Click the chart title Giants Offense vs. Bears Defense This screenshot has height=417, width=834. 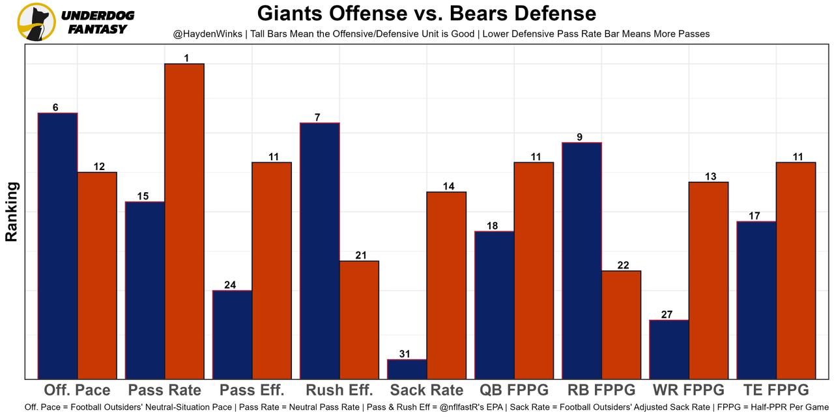coord(426,13)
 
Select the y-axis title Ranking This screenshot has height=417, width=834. coord(12,212)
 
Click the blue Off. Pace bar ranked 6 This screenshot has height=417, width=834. coord(58,246)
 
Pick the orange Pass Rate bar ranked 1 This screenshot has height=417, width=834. coord(184,221)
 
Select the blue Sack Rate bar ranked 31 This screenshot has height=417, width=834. coord(407,369)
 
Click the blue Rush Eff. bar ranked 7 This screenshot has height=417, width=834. coord(320,251)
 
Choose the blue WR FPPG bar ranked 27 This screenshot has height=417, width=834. coord(669,349)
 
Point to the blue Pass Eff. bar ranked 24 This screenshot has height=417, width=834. coord(233,334)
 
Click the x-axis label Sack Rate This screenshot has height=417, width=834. coord(427,390)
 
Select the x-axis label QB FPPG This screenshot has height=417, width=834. coord(514,390)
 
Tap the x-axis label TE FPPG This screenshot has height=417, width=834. coord(776,390)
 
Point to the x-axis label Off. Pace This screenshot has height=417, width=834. coord(77,390)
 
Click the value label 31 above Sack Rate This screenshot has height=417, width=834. coord(405,354)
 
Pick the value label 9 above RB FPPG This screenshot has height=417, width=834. coord(579,137)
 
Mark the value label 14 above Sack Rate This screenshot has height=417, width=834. coord(448,186)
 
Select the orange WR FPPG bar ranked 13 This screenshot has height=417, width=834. coord(708,280)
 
